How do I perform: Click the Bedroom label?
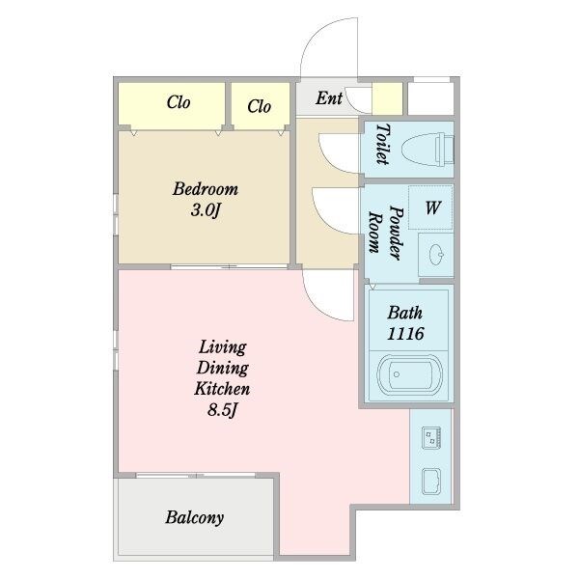pyautogui.click(x=206, y=189)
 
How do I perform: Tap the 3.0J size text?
pyautogui.click(x=206, y=210)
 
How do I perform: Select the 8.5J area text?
pyautogui.click(x=222, y=410)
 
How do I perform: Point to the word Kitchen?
pyautogui.click(x=222, y=389)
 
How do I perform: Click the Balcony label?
pyautogui.click(x=194, y=517)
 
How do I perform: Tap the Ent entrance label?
pyautogui.click(x=329, y=98)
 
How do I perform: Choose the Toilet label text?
pyautogui.click(x=383, y=144)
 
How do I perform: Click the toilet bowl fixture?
pyautogui.click(x=427, y=150)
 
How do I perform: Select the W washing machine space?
pyautogui.click(x=430, y=207)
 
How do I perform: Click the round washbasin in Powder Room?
pyautogui.click(x=436, y=255)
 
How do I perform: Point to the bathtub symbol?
pyautogui.click(x=409, y=374)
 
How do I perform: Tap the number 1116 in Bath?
pyautogui.click(x=405, y=334)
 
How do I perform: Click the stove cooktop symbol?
pyautogui.click(x=431, y=437)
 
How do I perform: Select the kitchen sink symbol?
pyautogui.click(x=431, y=482)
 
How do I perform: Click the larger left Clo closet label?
pyautogui.click(x=179, y=102)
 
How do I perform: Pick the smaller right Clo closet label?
pyautogui.click(x=260, y=106)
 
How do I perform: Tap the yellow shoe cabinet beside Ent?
pyautogui.click(x=387, y=98)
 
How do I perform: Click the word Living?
pyautogui.click(x=222, y=347)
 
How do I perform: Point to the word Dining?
pyautogui.click(x=222, y=369)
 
